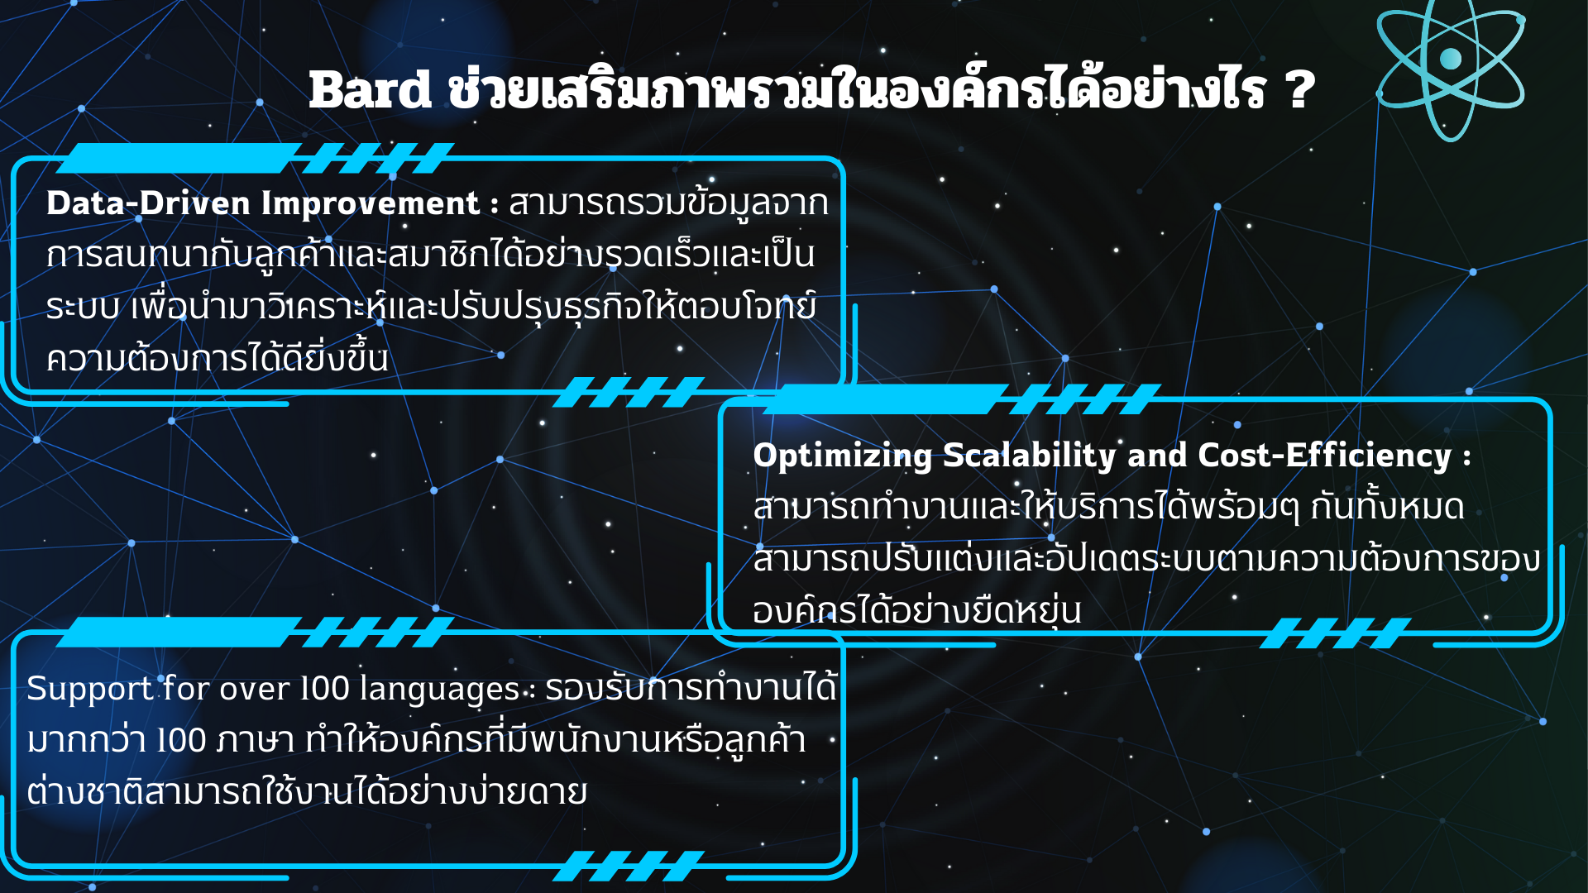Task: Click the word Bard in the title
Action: point(370,89)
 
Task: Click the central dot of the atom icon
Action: point(1451,59)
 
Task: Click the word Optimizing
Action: point(843,456)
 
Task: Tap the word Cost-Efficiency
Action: point(1324,456)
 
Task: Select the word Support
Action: point(90,690)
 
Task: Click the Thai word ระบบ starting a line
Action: point(83,307)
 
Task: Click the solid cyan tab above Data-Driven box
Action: point(179,158)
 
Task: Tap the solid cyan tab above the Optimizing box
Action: point(886,399)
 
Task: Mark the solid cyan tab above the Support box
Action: point(179,632)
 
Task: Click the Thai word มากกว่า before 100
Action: point(87,740)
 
